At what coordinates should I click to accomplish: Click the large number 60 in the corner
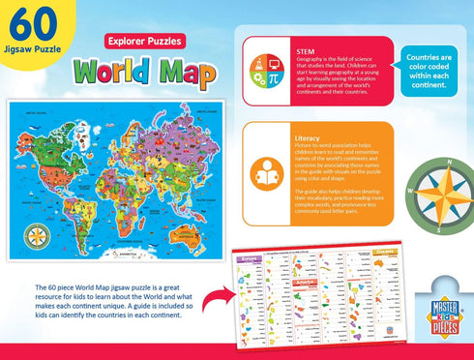click(28, 21)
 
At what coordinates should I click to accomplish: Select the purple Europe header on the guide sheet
click(252, 260)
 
